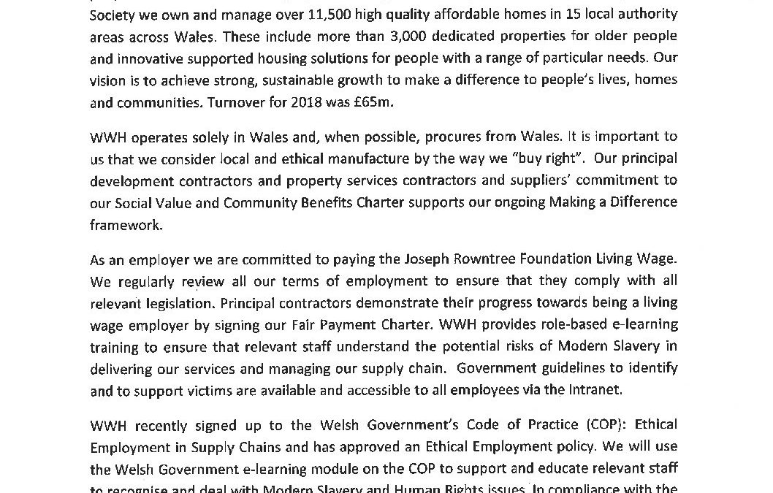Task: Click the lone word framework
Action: pos(125,226)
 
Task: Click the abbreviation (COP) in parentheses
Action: pos(601,425)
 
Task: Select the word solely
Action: pos(210,137)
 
